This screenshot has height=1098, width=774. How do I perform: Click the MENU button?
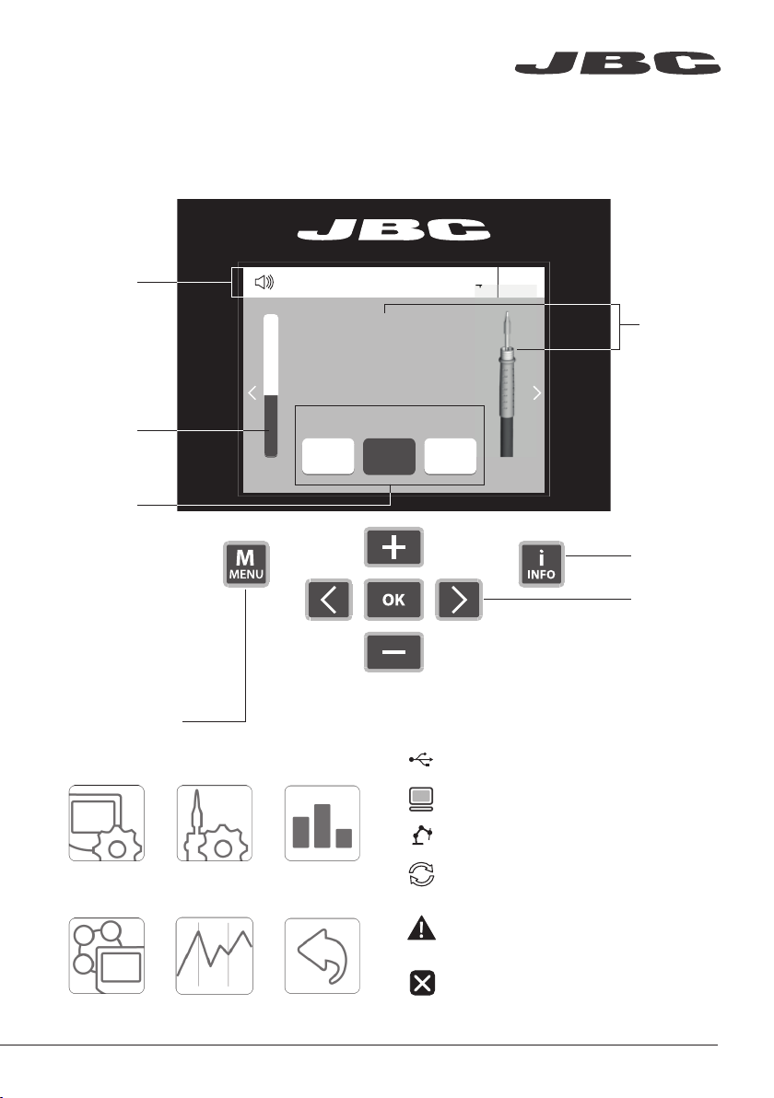pyautogui.click(x=246, y=564)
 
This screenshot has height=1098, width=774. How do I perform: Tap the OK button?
pyautogui.click(x=393, y=600)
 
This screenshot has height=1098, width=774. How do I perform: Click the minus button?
pyautogui.click(x=393, y=652)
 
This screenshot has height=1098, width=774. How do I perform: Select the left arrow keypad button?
pyautogui.click(x=329, y=600)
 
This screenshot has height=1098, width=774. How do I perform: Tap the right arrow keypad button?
pyautogui.click(x=459, y=600)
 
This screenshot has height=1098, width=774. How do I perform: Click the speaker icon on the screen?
pyautogui.click(x=264, y=282)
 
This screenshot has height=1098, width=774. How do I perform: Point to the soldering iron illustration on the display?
pyautogui.click(x=507, y=384)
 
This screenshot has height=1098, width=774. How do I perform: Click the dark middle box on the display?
pyautogui.click(x=390, y=457)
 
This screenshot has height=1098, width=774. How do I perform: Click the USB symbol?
pyautogui.click(x=421, y=759)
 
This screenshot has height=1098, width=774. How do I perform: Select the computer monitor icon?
pyautogui.click(x=421, y=799)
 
